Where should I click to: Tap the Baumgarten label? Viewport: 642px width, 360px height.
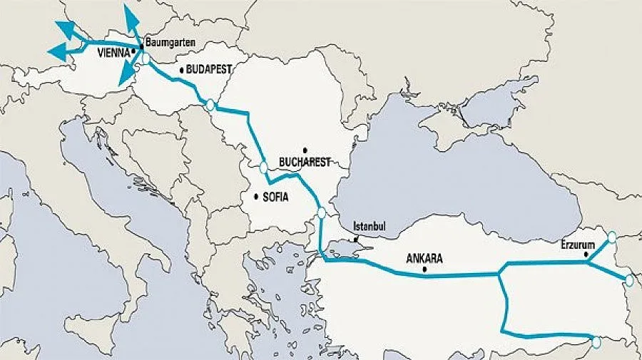point(170,42)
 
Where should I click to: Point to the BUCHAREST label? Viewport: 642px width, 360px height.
point(306,162)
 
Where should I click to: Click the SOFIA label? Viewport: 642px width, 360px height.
point(275,197)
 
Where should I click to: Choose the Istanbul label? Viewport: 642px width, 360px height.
point(370,226)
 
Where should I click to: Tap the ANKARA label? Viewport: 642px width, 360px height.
point(424,258)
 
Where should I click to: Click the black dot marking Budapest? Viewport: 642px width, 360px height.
point(182,70)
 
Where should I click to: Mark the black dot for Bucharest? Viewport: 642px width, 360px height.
point(305,150)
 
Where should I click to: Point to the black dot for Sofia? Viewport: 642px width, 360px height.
point(255,197)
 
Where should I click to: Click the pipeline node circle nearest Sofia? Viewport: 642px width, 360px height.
point(264,168)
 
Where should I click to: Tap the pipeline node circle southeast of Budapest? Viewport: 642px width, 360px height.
point(210,105)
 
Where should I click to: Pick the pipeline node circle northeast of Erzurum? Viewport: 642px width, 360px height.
point(611,237)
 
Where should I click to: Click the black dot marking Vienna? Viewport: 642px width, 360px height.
point(133,51)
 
